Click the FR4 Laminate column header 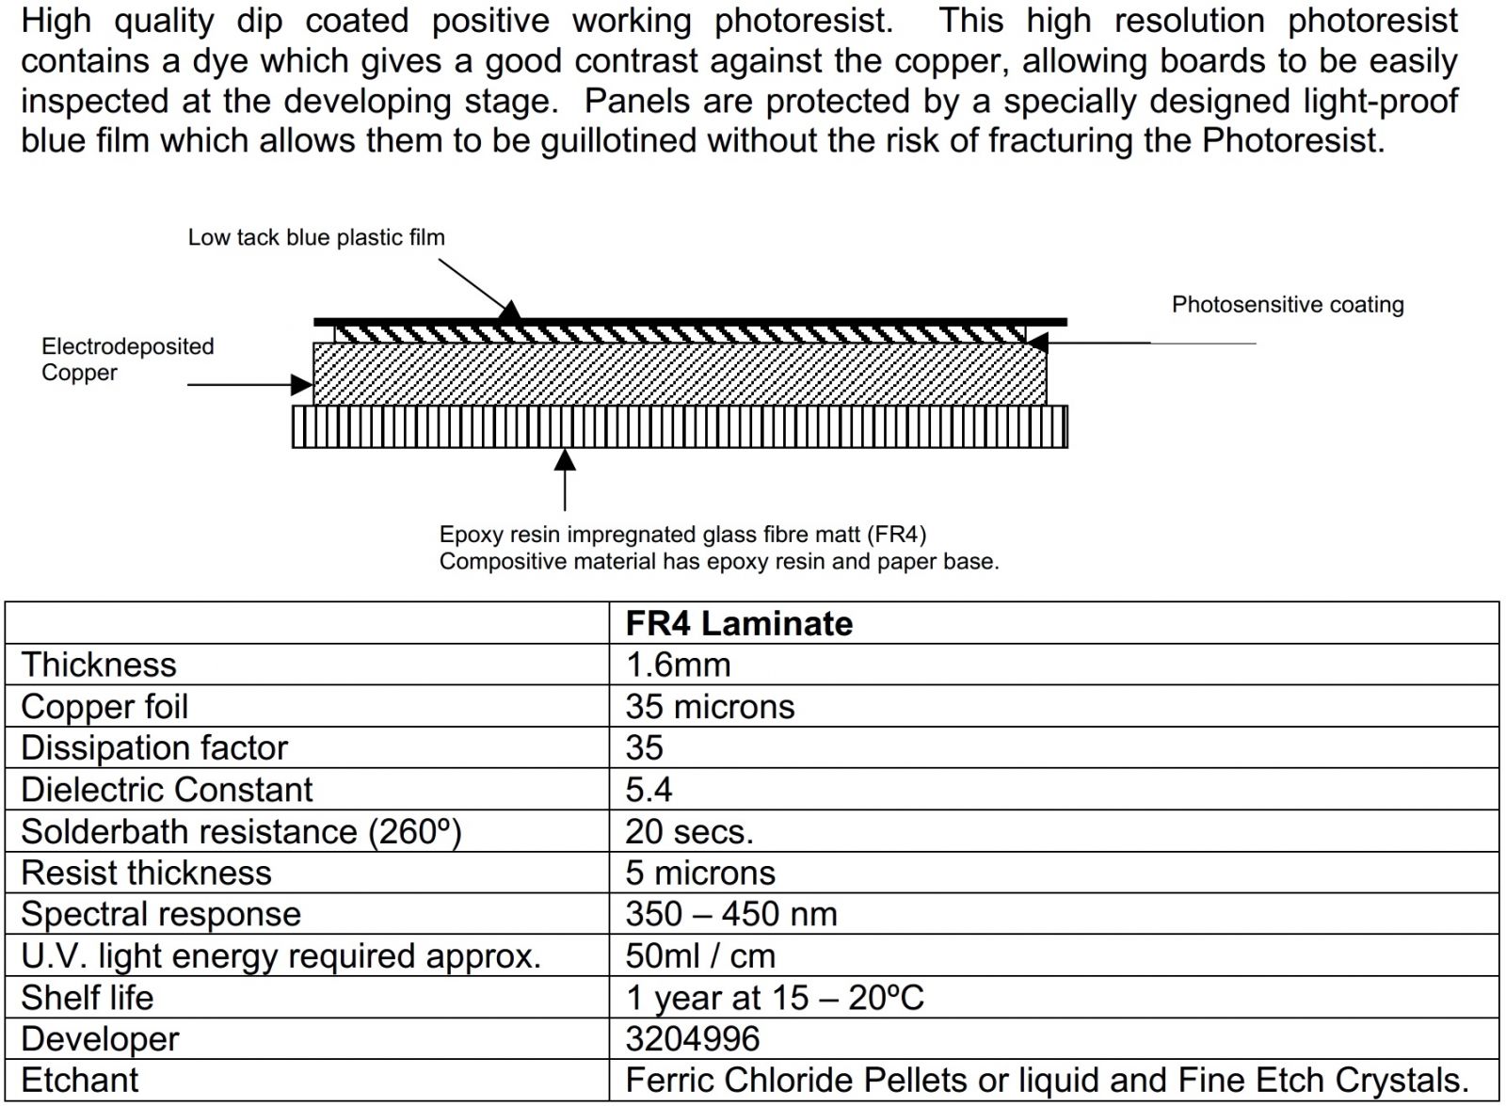[x=739, y=623]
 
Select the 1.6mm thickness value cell [x=678, y=665]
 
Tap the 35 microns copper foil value [x=710, y=706]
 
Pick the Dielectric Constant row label [x=167, y=789]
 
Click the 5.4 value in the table [x=649, y=789]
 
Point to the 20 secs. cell [x=689, y=831]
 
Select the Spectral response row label [x=161, y=914]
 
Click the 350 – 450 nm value [x=731, y=914]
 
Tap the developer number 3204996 [x=692, y=1038]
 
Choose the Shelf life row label [x=88, y=997]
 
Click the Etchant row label [x=80, y=1080]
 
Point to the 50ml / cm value [x=700, y=955]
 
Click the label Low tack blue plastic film [x=316, y=237]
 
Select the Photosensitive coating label [x=1287, y=304]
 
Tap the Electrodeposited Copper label [x=127, y=359]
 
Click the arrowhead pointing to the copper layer [x=302, y=384]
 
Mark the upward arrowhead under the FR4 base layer [x=565, y=458]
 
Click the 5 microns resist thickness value [x=700, y=873]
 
